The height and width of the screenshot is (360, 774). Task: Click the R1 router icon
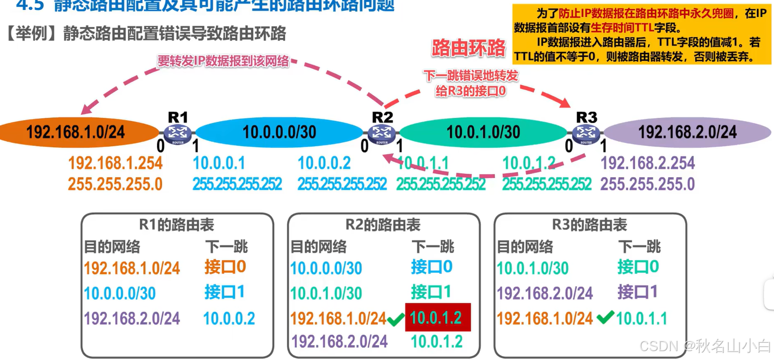(178, 134)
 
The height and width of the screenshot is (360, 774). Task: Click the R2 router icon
(382, 134)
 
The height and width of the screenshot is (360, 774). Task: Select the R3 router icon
(586, 134)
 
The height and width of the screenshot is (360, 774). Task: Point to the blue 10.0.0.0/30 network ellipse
(279, 132)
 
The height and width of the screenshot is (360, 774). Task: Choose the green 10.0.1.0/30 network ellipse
(483, 132)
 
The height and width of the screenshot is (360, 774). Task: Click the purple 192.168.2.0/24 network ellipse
(687, 132)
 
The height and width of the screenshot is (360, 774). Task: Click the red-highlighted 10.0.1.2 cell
(437, 318)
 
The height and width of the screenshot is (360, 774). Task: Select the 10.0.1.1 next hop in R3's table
(641, 319)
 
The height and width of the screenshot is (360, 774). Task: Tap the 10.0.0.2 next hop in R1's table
(229, 319)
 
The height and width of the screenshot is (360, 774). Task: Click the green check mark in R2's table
(395, 320)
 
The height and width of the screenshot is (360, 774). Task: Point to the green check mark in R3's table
(605, 318)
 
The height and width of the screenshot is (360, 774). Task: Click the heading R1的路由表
(177, 225)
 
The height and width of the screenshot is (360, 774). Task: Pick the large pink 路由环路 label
(468, 48)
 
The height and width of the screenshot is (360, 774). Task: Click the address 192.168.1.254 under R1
(115, 163)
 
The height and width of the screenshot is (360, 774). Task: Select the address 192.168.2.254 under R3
(647, 163)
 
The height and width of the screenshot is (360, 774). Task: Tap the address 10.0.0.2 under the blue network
(324, 163)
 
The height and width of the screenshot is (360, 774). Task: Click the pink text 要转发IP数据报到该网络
(223, 61)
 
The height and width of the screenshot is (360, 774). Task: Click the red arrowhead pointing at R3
(565, 102)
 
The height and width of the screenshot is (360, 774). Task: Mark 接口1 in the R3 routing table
(637, 292)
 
